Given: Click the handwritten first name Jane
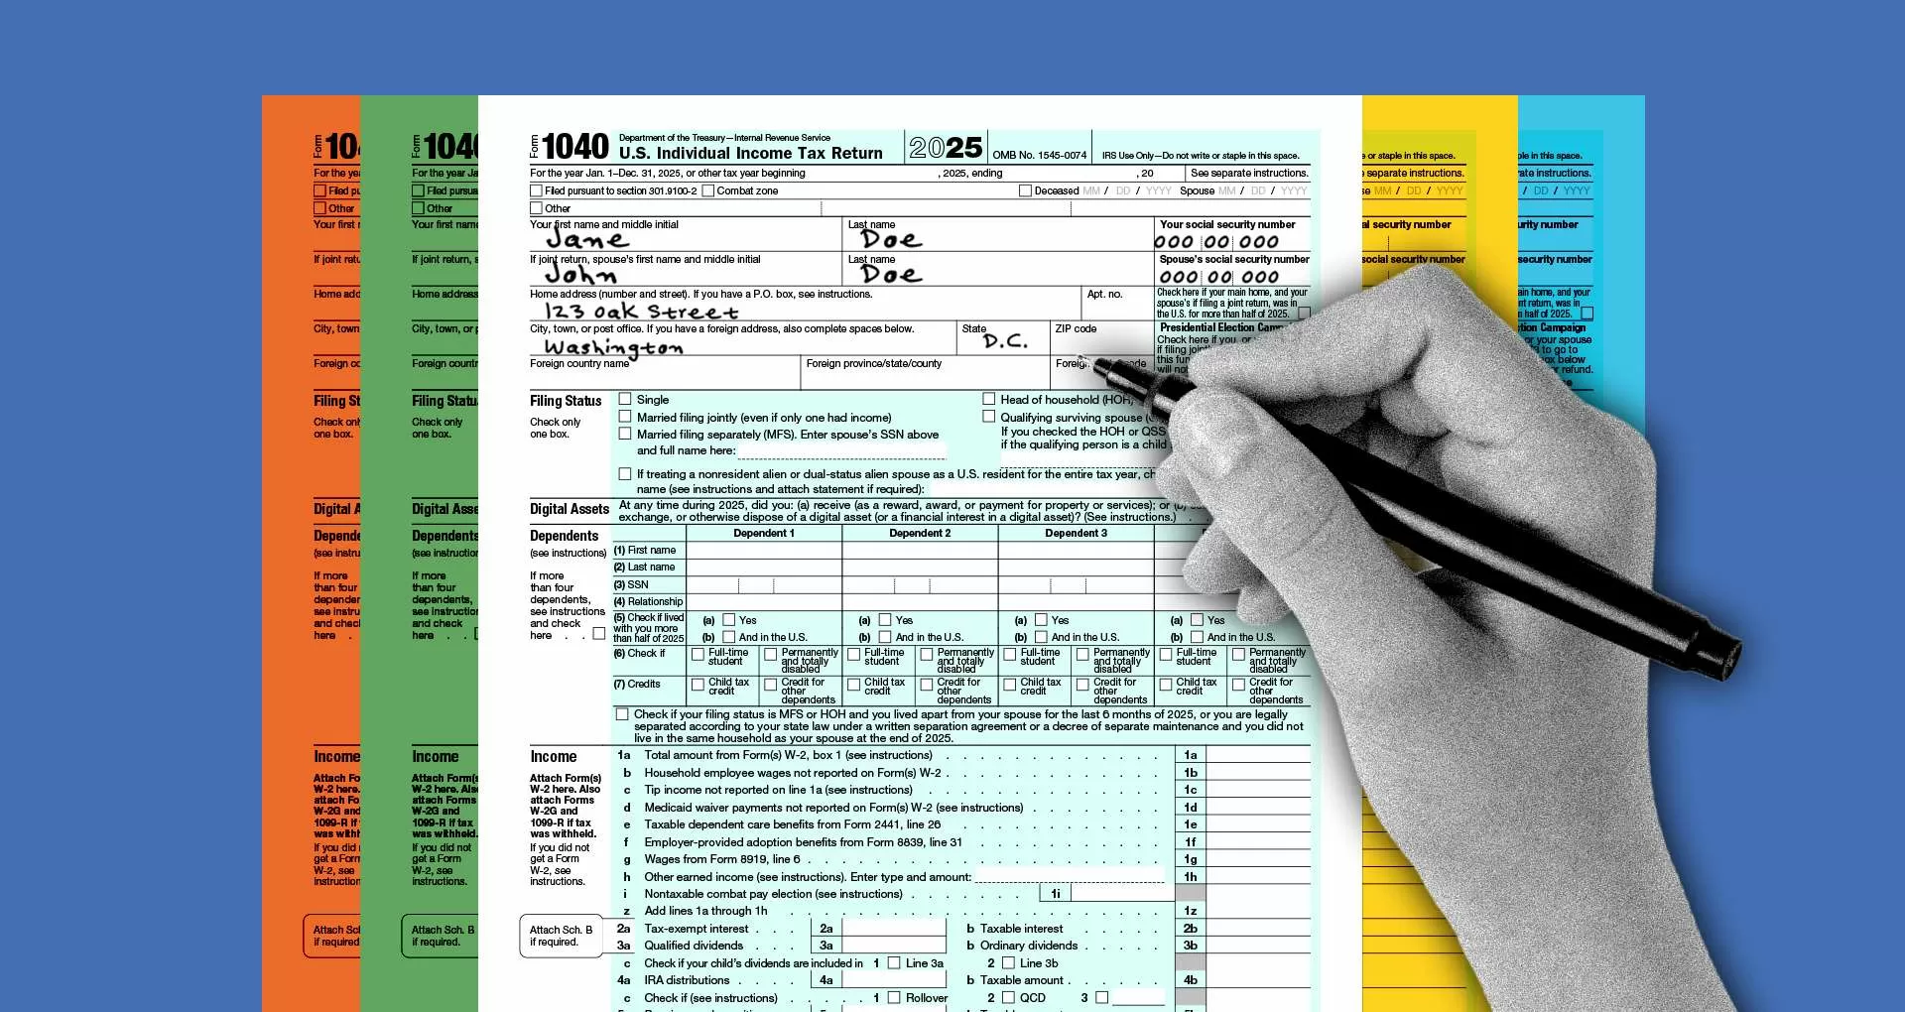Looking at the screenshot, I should [x=587, y=240].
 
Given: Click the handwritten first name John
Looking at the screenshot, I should [x=580, y=275].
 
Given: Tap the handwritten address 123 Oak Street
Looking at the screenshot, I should [x=640, y=312].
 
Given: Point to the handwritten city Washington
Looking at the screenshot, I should [x=613, y=347].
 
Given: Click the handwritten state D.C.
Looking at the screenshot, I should [x=1005, y=341].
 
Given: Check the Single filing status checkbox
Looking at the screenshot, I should [x=625, y=400].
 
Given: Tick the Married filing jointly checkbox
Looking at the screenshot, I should [x=625, y=418].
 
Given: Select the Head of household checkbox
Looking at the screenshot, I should [x=989, y=400].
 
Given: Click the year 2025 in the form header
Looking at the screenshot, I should [x=946, y=148].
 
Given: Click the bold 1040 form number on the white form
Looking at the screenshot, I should [x=575, y=147].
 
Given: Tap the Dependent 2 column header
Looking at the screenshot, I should [x=920, y=534].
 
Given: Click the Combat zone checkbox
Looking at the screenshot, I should [x=708, y=190].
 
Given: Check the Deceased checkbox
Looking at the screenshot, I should [x=1025, y=190].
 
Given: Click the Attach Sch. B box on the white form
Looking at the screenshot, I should [x=561, y=936].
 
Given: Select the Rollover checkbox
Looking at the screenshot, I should [x=894, y=997].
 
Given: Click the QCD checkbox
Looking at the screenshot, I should [x=1009, y=997].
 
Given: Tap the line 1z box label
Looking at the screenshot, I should [x=1190, y=911].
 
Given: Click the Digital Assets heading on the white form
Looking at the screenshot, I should [x=569, y=509].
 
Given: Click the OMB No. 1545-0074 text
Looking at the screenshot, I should [x=1039, y=156].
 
